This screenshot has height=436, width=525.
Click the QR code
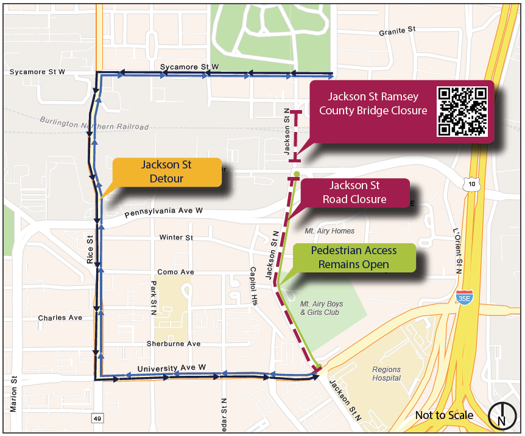tap(463, 111)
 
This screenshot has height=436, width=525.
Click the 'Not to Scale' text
tap(444, 415)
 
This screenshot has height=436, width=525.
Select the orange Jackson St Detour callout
tap(166, 172)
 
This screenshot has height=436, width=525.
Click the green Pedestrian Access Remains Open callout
tap(353, 257)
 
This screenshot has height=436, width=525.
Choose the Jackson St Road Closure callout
tap(354, 193)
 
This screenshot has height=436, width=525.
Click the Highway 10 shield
tap(468, 183)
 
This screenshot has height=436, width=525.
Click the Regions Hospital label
tap(387, 373)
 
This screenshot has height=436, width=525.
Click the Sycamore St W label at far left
tap(37, 72)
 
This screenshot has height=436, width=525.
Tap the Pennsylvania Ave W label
tap(163, 212)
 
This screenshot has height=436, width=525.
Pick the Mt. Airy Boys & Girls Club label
tap(322, 308)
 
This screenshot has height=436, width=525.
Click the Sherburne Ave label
tap(174, 344)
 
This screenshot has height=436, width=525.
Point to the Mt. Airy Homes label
tap(329, 231)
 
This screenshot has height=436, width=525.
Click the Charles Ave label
tap(60, 317)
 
